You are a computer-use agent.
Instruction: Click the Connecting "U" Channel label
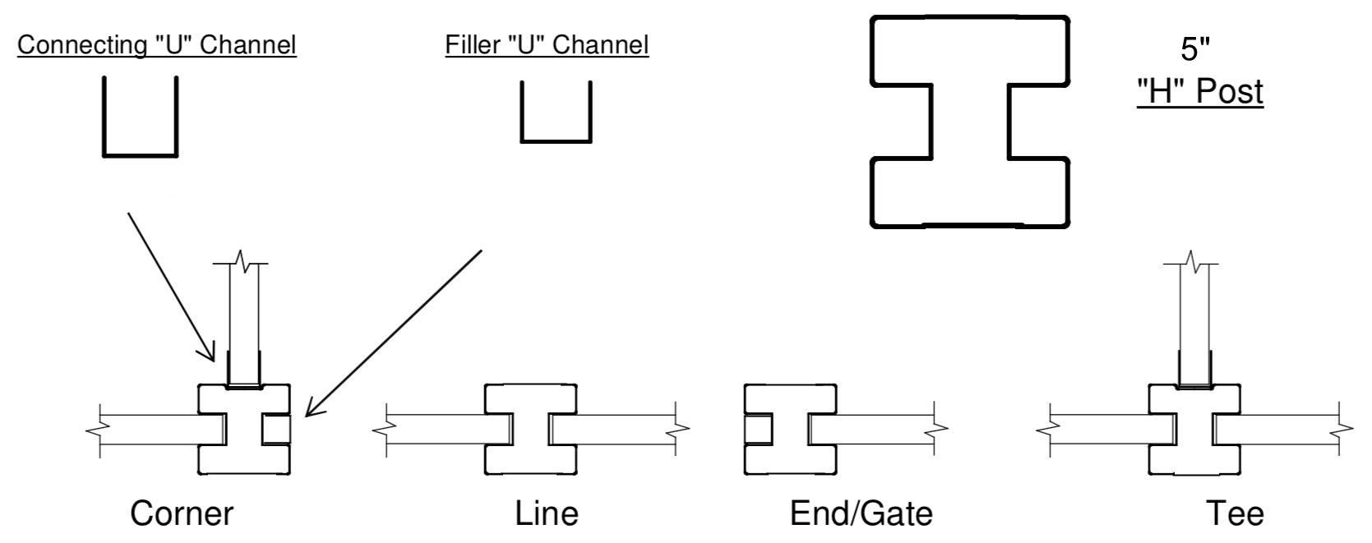(157, 45)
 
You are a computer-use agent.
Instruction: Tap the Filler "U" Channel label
(547, 44)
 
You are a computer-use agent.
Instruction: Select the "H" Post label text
(1199, 92)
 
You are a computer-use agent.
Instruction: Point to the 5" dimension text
(1196, 50)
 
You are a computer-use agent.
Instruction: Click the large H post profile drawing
(970, 121)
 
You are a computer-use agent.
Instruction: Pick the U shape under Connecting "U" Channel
(140, 117)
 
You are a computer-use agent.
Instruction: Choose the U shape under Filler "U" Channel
(556, 113)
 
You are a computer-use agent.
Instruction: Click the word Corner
(182, 514)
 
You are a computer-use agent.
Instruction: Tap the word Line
(547, 514)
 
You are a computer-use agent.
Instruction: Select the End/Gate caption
(861, 514)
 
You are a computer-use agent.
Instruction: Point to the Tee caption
(1235, 514)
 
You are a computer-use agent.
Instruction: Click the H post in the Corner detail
(245, 429)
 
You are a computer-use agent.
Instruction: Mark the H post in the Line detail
(530, 429)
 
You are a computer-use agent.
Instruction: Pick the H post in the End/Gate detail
(790, 429)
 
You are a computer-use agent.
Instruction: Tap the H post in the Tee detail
(1194, 429)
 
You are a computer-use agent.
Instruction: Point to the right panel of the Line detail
(617, 429)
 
